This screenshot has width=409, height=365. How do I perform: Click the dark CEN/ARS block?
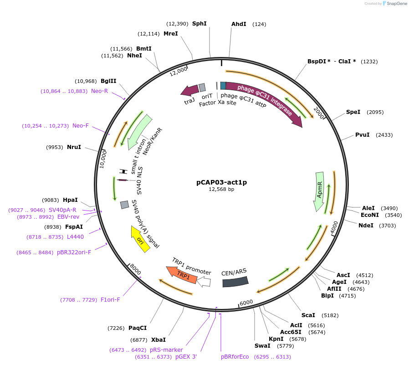(235, 280)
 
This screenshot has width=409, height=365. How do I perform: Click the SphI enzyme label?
(199, 24)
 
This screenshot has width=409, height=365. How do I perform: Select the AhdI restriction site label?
(239, 24)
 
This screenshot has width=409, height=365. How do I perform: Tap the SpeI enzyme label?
(353, 112)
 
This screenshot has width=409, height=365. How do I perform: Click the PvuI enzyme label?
(362, 135)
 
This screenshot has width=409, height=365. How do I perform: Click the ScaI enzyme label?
(308, 315)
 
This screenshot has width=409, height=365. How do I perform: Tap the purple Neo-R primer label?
(99, 91)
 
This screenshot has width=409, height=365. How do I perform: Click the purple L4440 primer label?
(75, 237)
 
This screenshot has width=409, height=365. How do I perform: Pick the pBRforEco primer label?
(235, 357)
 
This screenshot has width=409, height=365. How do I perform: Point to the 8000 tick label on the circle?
(135, 269)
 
